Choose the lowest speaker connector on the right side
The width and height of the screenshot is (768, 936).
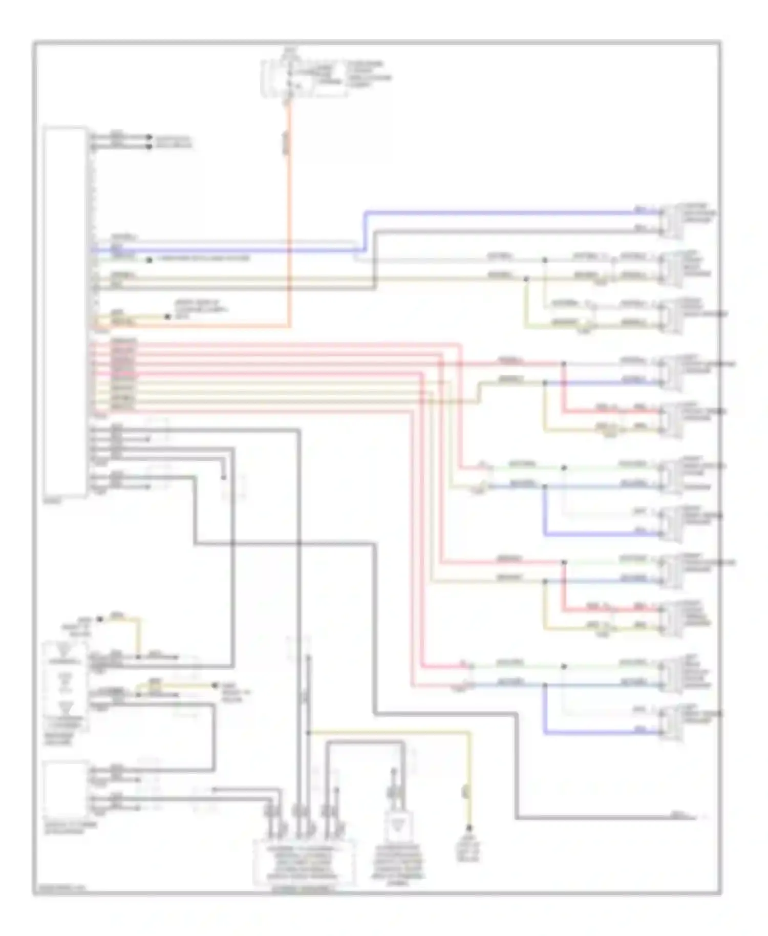[671, 722]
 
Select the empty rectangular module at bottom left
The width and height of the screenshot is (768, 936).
[65, 789]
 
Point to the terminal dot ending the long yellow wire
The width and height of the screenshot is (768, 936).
[468, 828]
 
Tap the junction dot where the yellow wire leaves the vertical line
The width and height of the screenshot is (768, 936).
[308, 733]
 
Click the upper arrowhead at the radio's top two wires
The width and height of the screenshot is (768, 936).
[150, 137]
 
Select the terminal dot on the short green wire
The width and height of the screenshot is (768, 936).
[150, 260]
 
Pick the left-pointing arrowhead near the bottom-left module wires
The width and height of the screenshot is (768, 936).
[215, 790]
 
